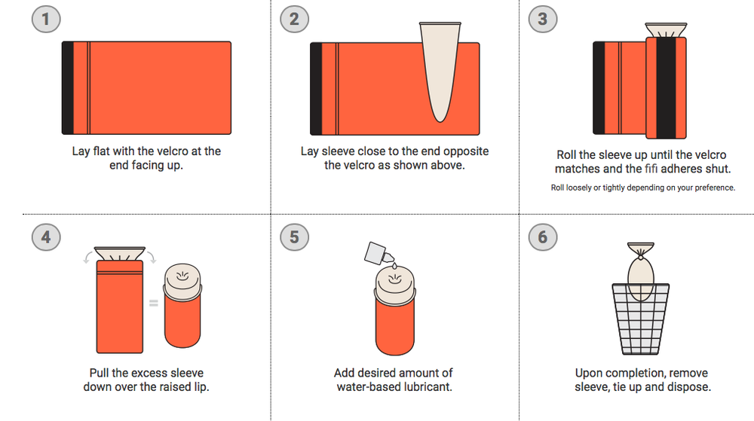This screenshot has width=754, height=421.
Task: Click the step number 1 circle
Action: click(46, 19)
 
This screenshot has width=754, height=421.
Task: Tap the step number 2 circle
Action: click(294, 19)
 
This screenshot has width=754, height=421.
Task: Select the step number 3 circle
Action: click(543, 19)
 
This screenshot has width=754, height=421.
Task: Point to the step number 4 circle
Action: click(46, 236)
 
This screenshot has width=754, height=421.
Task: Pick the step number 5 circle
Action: click(294, 236)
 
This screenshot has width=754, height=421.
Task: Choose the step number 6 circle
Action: click(543, 236)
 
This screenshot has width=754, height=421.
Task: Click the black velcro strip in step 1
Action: click(68, 88)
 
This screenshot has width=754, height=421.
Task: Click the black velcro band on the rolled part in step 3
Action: click(666, 88)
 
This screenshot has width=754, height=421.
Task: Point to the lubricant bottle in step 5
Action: click(379, 254)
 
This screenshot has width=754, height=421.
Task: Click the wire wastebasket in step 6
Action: click(640, 319)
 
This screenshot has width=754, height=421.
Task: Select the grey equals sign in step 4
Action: click(153, 303)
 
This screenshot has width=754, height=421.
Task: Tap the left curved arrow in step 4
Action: click(88, 257)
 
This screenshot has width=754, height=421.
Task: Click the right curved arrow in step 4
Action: click(152, 257)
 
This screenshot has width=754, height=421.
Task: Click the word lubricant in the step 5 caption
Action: click(425, 387)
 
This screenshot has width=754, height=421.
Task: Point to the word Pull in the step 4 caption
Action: click(99, 373)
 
